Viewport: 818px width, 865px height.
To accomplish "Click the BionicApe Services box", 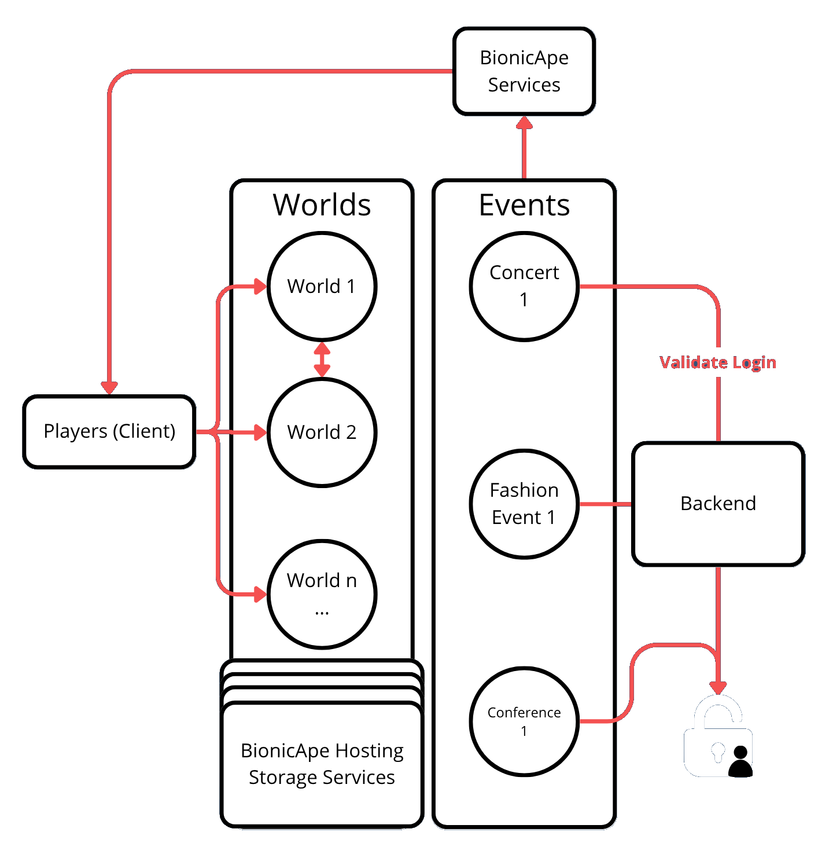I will click(524, 71).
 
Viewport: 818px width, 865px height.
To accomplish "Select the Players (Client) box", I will click(109, 431).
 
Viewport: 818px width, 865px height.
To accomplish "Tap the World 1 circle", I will click(322, 286).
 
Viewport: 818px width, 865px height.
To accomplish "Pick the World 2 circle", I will click(322, 432).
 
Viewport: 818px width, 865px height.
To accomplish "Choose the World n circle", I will click(322, 594).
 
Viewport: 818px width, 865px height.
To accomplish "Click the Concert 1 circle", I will click(524, 286).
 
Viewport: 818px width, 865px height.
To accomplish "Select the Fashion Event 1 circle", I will click(524, 504).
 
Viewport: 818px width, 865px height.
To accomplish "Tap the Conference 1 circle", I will click(524, 721).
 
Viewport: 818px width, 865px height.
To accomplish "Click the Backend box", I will click(718, 504).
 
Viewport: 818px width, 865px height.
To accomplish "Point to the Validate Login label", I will click(718, 362).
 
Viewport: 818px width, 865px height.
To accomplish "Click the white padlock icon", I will click(718, 738).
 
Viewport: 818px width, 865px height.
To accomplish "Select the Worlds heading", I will click(322, 205).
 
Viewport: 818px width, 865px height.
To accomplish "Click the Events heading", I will click(524, 205).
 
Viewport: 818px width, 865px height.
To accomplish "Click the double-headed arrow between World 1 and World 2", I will click(322, 360).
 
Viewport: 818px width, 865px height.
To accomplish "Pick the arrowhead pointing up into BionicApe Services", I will click(524, 123).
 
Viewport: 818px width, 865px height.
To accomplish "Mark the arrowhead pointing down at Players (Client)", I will click(109, 387).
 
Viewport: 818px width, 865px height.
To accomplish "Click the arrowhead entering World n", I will click(260, 594).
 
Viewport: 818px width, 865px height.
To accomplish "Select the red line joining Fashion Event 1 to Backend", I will click(605, 504).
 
